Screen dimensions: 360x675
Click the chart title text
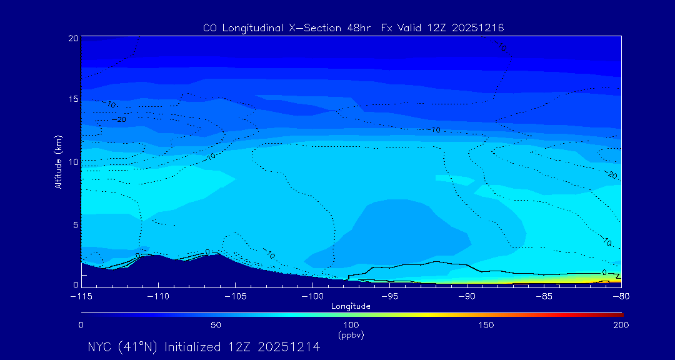(x=354, y=28)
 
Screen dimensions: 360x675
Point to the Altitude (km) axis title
(x=58, y=161)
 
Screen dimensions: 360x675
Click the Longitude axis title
(x=351, y=306)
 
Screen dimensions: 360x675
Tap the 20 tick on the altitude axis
(x=72, y=39)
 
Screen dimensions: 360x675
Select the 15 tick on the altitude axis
(x=72, y=100)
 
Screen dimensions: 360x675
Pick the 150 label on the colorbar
(x=486, y=326)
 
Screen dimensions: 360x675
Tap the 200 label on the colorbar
(x=621, y=326)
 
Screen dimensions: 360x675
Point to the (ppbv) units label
(x=351, y=336)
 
